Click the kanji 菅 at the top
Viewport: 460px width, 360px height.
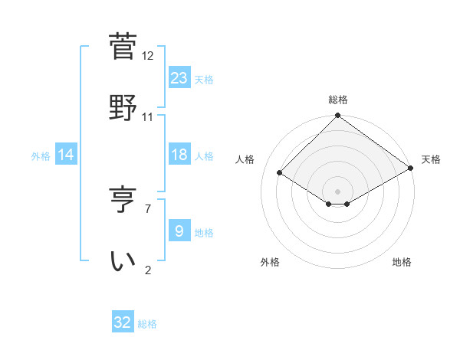point(123,46)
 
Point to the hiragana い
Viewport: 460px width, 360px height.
point(123,260)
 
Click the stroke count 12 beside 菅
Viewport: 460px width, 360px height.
point(148,55)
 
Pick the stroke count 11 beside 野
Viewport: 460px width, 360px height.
point(148,116)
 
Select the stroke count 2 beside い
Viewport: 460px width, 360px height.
point(147,270)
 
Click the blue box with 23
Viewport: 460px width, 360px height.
point(179,77)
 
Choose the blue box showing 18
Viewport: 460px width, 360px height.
point(179,155)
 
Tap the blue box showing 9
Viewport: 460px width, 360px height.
point(179,231)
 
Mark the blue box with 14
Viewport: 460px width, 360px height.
point(66,155)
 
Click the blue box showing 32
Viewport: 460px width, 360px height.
point(123,322)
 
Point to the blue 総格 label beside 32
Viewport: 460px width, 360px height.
point(147,324)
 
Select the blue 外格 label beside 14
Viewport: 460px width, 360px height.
point(41,156)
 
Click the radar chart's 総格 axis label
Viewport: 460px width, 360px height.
point(337,100)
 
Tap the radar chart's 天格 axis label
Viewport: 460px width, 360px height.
point(431,159)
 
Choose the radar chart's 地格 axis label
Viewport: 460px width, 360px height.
point(402,262)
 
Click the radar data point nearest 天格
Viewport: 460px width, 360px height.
point(411,169)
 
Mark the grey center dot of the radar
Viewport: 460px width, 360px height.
point(337,191)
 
